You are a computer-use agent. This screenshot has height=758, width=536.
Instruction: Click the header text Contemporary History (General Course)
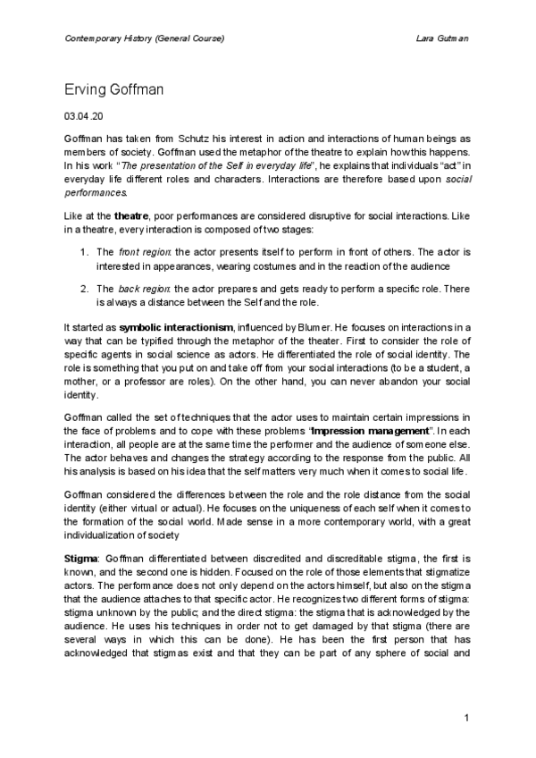click(x=144, y=39)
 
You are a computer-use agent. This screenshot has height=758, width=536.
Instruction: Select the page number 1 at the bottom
click(x=466, y=719)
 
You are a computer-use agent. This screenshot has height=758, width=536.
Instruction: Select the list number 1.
click(x=84, y=252)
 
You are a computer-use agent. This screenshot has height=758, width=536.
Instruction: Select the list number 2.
click(x=84, y=290)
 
